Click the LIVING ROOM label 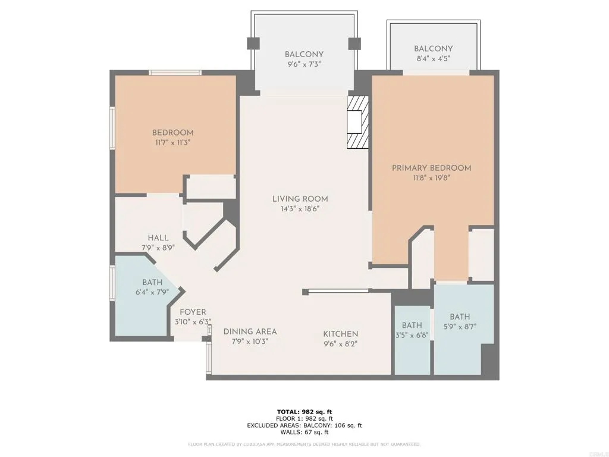[x=300, y=199]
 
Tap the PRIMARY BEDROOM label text [x=431, y=168]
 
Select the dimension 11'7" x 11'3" [x=172, y=143]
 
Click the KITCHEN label [x=340, y=334]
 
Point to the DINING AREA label [x=250, y=331]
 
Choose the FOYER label [x=193, y=312]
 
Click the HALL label [x=158, y=238]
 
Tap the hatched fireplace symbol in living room [x=358, y=123]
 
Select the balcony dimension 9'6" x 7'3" [x=304, y=64]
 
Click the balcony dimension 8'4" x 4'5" [x=432, y=58]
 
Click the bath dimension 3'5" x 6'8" [x=412, y=336]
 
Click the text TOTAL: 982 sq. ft [x=304, y=412]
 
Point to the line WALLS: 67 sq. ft [x=304, y=433]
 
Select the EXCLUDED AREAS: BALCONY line [x=304, y=425]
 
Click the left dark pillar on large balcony [x=253, y=43]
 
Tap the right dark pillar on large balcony [x=354, y=43]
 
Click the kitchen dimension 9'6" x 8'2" [x=340, y=343]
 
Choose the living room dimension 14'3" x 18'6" [x=300, y=209]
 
